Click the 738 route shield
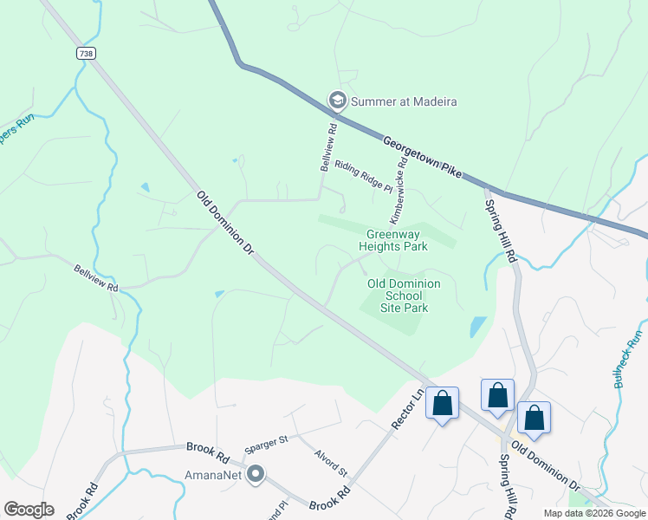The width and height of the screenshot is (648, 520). click(x=85, y=54)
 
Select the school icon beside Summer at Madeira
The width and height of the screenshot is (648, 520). click(x=336, y=101)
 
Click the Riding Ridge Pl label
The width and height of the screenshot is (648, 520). click(x=364, y=176)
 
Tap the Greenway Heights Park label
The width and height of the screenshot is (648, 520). click(x=398, y=240)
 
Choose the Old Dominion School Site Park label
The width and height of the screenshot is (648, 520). click(x=404, y=296)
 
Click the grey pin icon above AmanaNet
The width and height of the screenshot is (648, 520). click(x=256, y=474)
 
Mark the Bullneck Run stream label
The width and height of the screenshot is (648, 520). click(x=629, y=359)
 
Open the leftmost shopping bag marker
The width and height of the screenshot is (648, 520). click(x=442, y=403)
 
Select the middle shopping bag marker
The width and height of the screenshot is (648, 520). click(x=498, y=395)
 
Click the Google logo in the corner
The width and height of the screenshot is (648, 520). click(x=29, y=510)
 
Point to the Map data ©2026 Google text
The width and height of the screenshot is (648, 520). click(x=593, y=513)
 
